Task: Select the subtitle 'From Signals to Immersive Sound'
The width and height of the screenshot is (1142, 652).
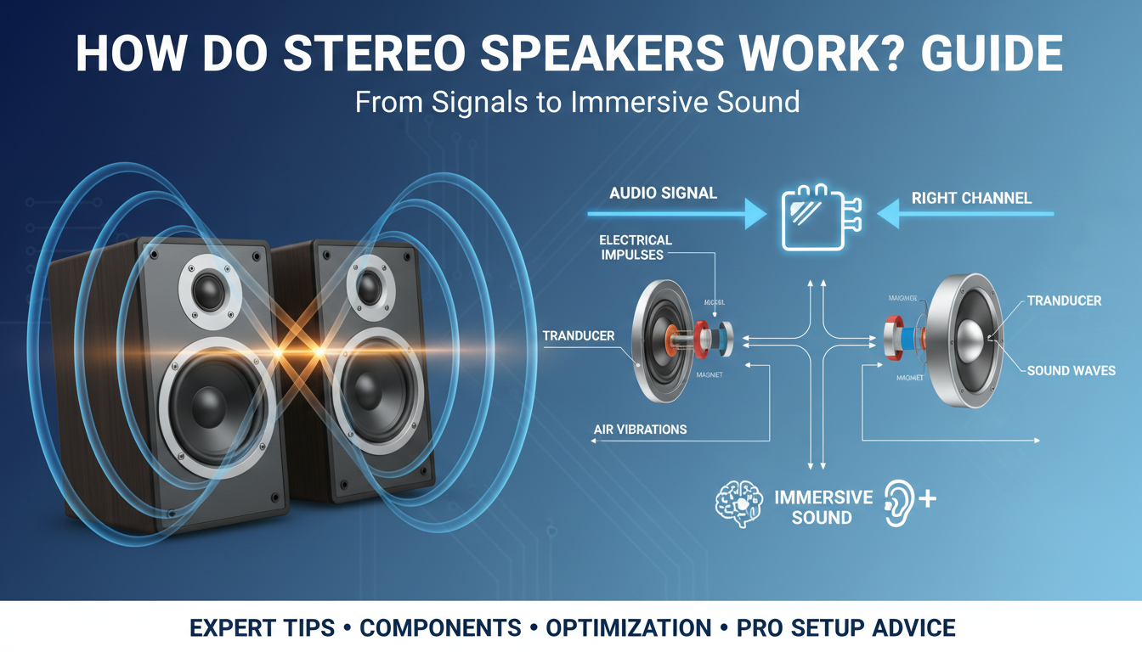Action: (577, 102)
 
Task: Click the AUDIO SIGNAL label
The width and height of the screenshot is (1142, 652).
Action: (663, 193)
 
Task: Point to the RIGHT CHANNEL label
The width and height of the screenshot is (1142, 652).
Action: (971, 198)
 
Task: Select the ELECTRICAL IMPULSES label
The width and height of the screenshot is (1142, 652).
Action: (635, 247)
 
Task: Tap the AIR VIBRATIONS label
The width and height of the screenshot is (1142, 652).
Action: (640, 430)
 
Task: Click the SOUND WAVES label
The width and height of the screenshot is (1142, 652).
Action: (1071, 370)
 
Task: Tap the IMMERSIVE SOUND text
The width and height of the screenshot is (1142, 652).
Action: (822, 507)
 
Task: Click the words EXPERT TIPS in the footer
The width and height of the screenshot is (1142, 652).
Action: (262, 628)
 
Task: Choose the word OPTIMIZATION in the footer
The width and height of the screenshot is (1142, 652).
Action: (628, 628)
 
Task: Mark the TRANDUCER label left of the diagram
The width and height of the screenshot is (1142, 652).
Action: (578, 336)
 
